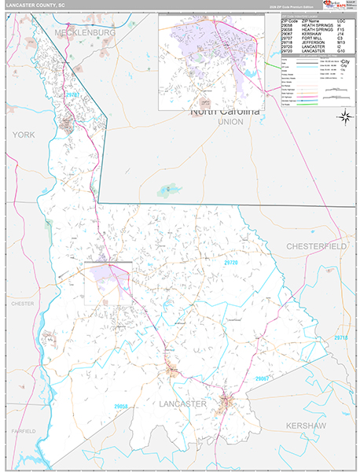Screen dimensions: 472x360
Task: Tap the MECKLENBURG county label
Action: pyautogui.click(x=85, y=34)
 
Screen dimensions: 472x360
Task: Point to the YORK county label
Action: pyautogui.click(x=23, y=135)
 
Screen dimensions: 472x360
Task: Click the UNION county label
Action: pyautogui.click(x=230, y=123)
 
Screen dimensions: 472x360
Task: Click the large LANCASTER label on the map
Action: pyautogui.click(x=182, y=404)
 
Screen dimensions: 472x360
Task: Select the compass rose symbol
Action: pyautogui.click(x=344, y=117)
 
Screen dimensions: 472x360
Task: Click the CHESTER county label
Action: pyautogui.click(x=22, y=303)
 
